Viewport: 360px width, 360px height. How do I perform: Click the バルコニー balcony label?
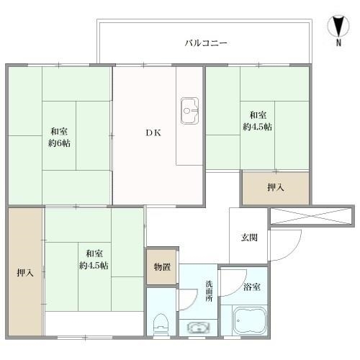pos(206,43)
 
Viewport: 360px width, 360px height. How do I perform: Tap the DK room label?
pos(153,132)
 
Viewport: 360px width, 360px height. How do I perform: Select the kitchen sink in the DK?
pos(189,111)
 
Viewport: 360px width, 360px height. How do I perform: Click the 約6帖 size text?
pos(59,143)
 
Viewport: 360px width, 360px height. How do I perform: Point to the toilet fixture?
pos(161,325)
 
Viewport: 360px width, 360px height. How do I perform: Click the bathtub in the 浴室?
pos(250,321)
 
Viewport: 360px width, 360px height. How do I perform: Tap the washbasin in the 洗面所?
pos(199,328)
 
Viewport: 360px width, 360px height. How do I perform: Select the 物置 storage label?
pos(162,267)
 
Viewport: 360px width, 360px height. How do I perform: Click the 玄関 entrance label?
pos(249,238)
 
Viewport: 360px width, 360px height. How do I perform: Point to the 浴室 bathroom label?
pos(252,287)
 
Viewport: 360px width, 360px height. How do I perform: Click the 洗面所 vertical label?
pos(209,291)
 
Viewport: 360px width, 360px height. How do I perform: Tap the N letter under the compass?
pos(338,42)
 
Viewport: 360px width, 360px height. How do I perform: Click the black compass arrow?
pos(338,27)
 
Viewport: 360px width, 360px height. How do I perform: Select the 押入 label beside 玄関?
pos(276,187)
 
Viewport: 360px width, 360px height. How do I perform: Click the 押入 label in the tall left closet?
pos(25,273)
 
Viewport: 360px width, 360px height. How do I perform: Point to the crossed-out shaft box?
pos(311,217)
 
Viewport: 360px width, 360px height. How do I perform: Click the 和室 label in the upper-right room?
pos(258,115)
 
